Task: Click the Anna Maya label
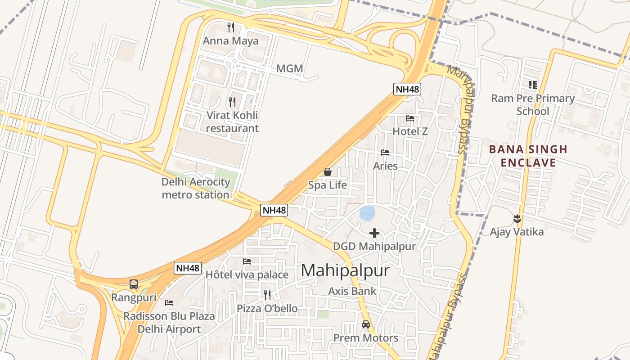[231, 41]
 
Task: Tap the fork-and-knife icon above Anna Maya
[231, 27]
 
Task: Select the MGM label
[289, 69]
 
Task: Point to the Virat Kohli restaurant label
[232, 121]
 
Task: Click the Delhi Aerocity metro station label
[196, 189]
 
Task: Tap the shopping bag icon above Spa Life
[328, 172]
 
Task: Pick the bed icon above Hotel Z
[410, 118]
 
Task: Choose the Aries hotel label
[385, 166]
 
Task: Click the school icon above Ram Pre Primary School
[533, 85]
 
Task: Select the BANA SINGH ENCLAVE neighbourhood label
[528, 156]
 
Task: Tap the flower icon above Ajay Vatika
[517, 219]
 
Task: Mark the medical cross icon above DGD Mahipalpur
[374, 233]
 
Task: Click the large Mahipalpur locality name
[345, 270]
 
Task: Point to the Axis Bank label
[352, 291]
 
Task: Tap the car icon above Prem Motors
[366, 324]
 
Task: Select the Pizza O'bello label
[267, 309]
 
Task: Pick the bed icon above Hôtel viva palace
[247, 261]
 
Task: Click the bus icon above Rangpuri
[134, 284]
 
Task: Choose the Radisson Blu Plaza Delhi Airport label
[169, 323]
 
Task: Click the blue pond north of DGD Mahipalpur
[368, 213]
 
